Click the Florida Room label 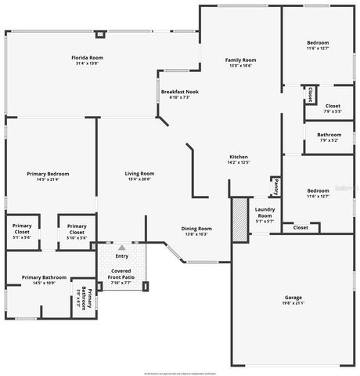coord(88,58)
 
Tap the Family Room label coord(241,60)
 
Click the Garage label coord(293,298)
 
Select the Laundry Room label coord(265,211)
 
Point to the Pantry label coord(276,187)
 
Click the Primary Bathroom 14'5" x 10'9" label coord(44,277)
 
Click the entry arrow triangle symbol coord(122,248)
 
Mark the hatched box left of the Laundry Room coord(239,219)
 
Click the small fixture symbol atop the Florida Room coord(100,34)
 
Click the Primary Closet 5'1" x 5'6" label coord(20,230)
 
